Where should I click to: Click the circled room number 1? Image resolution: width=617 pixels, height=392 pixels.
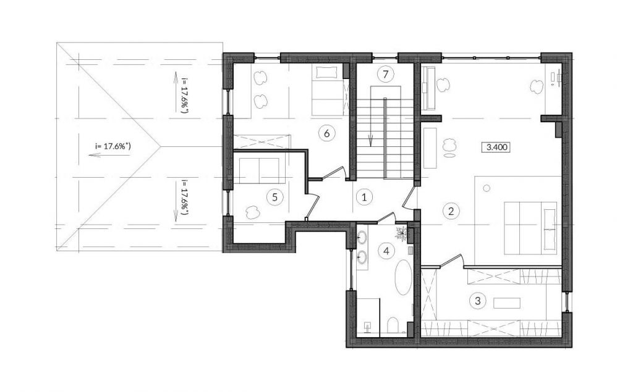[364, 197]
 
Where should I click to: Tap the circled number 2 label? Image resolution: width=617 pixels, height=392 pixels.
[451, 211]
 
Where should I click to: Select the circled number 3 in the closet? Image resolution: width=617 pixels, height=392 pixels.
[478, 301]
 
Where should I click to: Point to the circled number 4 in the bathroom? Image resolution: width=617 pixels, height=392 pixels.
[386, 250]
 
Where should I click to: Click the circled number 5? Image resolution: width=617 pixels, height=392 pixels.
[274, 197]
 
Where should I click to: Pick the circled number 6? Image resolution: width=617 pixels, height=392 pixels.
[326, 133]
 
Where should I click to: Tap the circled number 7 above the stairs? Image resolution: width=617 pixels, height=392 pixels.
[385, 73]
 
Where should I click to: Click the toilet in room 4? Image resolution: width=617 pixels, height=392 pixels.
[393, 325]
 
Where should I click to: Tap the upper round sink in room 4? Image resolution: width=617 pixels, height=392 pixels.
[362, 237]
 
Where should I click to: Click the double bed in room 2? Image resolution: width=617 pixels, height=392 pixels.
[530, 228]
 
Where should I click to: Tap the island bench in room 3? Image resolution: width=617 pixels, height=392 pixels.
[507, 303]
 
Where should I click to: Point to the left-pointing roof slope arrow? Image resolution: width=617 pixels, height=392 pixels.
[109, 155]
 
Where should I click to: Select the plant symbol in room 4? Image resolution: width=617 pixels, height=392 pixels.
[402, 233]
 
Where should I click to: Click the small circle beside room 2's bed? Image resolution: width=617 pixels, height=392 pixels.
[487, 188]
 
